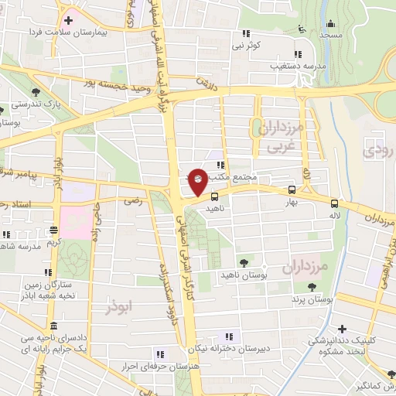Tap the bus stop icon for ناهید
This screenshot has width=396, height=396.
tap(214, 196)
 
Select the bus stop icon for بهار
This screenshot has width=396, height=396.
tap(291, 189)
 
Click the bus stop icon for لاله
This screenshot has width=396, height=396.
tap(334, 203)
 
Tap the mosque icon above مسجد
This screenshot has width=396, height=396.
tap(330, 23)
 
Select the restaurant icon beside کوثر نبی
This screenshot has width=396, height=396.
tap(247, 33)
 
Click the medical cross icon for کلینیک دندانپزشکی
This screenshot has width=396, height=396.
tap(341, 328)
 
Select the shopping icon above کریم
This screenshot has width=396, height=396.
tap(53, 230)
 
